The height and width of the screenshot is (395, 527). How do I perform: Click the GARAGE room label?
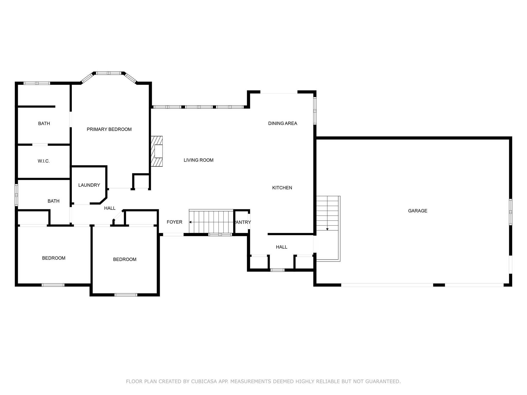417,211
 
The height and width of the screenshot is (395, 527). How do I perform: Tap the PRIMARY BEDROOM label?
109,129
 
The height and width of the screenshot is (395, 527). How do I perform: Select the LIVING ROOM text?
198,160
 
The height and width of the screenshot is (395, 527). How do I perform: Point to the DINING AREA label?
283,123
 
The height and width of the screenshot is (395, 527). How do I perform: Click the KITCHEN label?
282,188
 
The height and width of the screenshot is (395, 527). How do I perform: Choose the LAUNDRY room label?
89,185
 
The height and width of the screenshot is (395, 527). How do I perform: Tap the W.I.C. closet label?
44,161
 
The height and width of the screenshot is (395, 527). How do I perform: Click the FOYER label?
174,222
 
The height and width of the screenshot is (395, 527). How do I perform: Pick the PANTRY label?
243,222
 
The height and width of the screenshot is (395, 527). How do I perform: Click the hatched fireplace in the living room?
157,151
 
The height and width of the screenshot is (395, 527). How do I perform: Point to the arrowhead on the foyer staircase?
190,222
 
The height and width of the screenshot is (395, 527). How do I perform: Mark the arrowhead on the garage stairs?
327,229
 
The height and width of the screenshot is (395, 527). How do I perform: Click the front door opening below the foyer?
173,235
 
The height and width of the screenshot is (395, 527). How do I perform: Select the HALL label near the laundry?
110,208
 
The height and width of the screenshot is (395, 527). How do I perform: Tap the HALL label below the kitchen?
282,247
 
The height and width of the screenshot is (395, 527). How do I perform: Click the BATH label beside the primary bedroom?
44,124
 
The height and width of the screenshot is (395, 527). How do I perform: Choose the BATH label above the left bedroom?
54,201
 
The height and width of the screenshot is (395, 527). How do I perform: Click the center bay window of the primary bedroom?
108,73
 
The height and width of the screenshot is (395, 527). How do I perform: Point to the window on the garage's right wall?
511,212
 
